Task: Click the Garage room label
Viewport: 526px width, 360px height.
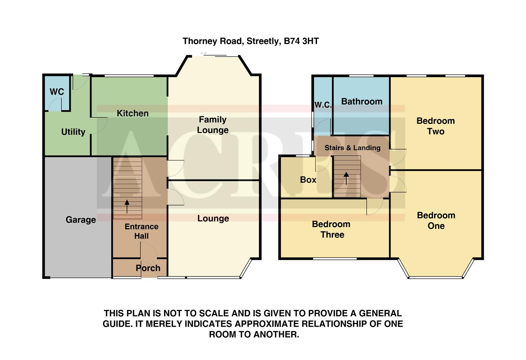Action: pos(81,220)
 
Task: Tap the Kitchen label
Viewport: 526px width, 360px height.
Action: pos(132,113)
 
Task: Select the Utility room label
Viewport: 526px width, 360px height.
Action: pos(73,132)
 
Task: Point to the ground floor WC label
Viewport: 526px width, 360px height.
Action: pos(57,92)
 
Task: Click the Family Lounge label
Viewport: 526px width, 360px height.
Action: pos(213,125)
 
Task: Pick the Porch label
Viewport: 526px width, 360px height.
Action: pos(148,268)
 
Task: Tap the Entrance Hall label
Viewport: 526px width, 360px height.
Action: pos(141,231)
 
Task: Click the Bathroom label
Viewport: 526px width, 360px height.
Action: pos(362,102)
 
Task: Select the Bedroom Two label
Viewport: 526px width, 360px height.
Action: pos(436,126)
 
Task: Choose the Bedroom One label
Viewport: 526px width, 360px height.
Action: pos(436,221)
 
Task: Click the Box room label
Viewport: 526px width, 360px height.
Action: pos(308,180)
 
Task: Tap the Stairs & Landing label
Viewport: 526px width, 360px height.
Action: pos(352,148)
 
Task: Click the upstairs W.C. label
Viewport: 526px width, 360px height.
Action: pos(323,105)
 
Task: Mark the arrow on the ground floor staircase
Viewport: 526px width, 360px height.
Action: pos(127,206)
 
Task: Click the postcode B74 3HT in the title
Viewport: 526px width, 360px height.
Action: pos(301,41)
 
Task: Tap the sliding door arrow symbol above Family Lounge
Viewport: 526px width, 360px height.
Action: pos(203,53)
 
